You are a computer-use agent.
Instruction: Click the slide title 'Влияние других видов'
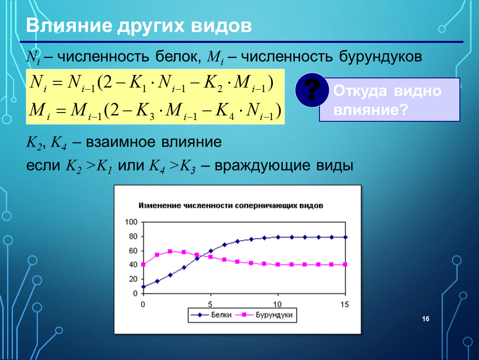click(x=139, y=25)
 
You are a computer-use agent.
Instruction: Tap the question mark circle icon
click(x=312, y=90)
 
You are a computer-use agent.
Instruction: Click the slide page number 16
click(x=426, y=319)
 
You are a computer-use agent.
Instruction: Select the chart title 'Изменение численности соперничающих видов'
click(x=231, y=205)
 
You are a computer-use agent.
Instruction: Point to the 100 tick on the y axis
click(x=131, y=222)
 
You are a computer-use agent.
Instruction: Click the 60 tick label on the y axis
click(x=133, y=251)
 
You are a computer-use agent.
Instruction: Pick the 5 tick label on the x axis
click(x=210, y=305)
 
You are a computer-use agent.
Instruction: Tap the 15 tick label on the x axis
click(x=344, y=305)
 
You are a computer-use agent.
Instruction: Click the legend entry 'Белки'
click(x=211, y=315)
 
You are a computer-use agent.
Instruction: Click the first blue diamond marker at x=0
click(x=143, y=287)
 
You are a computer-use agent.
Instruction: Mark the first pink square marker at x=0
click(x=143, y=264)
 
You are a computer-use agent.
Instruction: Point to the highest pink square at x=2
click(x=170, y=251)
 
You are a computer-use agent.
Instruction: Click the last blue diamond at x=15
click(x=345, y=237)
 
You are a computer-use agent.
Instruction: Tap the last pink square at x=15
click(x=345, y=264)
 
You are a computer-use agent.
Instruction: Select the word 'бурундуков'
click(x=380, y=57)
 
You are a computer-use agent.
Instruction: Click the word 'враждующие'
click(x=262, y=166)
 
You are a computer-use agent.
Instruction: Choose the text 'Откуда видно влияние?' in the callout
click(x=387, y=100)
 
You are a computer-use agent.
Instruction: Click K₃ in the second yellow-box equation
click(x=145, y=111)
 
